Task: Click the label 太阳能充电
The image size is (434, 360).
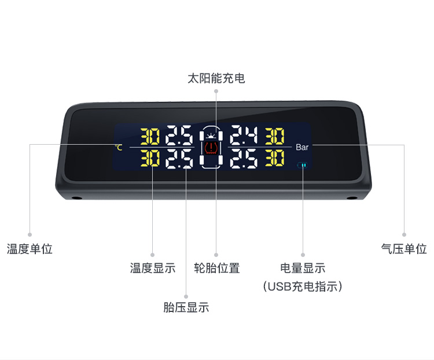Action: pyautogui.click(x=216, y=78)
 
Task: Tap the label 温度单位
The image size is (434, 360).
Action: pyautogui.click(x=30, y=249)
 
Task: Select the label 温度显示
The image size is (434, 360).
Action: pyautogui.click(x=153, y=268)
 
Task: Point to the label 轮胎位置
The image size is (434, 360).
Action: pyautogui.click(x=216, y=268)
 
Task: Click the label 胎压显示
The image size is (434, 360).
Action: pyautogui.click(x=186, y=307)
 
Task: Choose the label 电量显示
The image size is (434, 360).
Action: pyautogui.click(x=303, y=268)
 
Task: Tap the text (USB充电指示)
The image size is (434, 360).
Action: pyautogui.click(x=303, y=286)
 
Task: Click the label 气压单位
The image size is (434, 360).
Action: pyautogui.click(x=404, y=249)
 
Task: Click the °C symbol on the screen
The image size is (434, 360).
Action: pyautogui.click(x=119, y=148)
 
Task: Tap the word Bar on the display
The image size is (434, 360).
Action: pyautogui.click(x=302, y=148)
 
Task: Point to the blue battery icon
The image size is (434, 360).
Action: pyautogui.click(x=303, y=166)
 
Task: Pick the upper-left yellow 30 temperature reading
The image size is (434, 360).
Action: pyautogui.click(x=150, y=137)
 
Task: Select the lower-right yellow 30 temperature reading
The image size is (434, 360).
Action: pyautogui.click(x=274, y=158)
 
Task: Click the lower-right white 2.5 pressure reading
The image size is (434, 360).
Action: pyautogui.click(x=244, y=158)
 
